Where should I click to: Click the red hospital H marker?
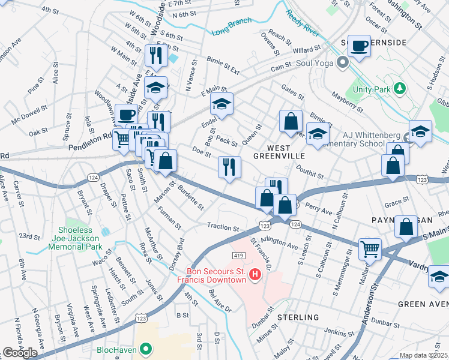pos(255,275)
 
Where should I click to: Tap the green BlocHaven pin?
pos(145,349)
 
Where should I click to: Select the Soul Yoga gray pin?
pos(343,62)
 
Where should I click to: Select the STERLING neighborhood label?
pos(298,317)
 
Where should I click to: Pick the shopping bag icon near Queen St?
pos(291,121)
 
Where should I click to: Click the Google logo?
pos(20,352)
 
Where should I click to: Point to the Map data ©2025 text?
pos(424,355)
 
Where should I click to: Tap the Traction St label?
pos(223,228)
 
